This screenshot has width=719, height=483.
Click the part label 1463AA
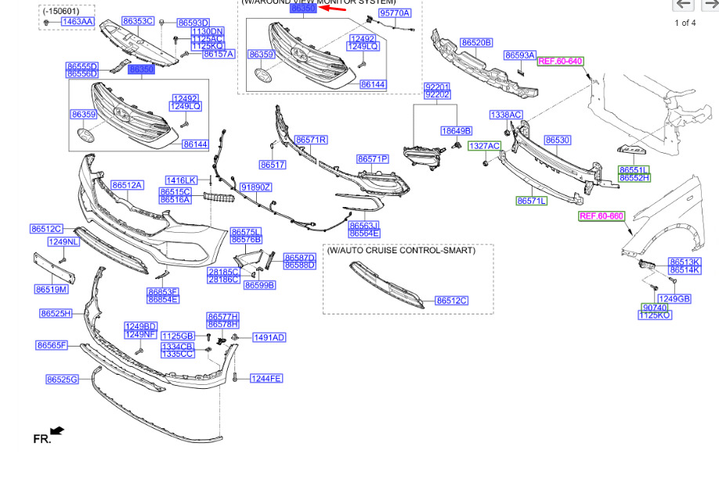click(x=77, y=22)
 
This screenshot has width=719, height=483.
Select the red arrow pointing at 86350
click(x=333, y=9)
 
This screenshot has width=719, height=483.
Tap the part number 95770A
click(x=394, y=13)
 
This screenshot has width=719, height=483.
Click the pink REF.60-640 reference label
click(x=560, y=60)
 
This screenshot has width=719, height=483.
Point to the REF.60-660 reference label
click(x=601, y=216)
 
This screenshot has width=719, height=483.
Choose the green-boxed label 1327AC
click(x=484, y=146)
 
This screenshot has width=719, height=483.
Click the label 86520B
click(x=475, y=42)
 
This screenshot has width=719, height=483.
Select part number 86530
click(x=557, y=140)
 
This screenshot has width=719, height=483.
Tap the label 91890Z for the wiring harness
click(x=255, y=187)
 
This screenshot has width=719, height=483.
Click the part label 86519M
click(x=51, y=289)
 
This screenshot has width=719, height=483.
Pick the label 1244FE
click(x=266, y=379)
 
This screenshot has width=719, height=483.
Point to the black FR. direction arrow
click(x=56, y=430)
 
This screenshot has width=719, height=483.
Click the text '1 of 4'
click(x=685, y=23)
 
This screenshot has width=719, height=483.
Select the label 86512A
click(x=127, y=185)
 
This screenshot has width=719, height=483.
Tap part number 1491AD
click(x=269, y=338)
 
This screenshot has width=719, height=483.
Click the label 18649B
click(x=456, y=130)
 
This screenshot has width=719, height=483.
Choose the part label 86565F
click(x=52, y=345)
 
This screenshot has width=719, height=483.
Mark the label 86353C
click(x=139, y=21)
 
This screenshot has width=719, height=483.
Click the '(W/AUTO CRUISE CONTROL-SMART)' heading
click(x=401, y=251)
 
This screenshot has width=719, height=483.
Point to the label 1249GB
click(x=674, y=299)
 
